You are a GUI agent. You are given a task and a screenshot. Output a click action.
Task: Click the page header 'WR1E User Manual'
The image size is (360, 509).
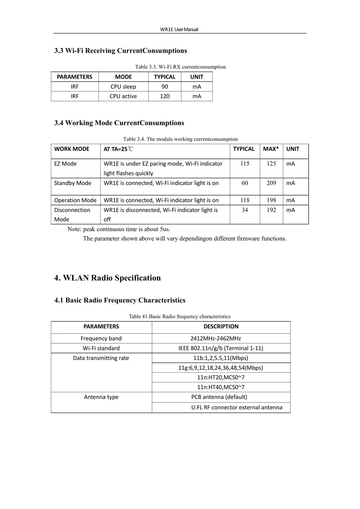179,29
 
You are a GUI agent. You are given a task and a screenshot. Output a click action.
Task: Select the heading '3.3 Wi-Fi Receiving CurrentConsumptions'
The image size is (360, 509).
120,51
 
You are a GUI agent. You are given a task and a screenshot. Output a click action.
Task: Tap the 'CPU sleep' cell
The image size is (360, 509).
123,87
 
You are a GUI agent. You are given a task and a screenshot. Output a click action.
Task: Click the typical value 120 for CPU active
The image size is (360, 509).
165,96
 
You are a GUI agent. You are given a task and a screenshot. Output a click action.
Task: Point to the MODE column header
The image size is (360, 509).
123,77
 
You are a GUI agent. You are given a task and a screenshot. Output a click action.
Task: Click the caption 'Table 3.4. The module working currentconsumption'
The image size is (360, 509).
180,139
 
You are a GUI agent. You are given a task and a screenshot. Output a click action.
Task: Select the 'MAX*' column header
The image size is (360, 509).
271,149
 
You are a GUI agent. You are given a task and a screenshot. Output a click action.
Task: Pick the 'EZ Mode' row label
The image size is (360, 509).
65,164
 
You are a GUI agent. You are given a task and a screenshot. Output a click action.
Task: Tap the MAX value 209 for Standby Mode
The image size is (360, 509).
271,183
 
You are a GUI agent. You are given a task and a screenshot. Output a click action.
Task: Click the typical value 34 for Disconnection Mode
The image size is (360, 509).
245,210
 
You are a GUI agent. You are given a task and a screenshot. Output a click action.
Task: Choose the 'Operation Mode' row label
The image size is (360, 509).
75,200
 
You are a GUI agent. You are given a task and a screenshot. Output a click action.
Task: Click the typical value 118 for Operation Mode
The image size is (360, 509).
245,200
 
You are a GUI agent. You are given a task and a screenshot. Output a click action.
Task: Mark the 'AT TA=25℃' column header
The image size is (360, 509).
119,149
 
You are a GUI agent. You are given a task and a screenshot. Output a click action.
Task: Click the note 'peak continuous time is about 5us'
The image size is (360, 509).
119,229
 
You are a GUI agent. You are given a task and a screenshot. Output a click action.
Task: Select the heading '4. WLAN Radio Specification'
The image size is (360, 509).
107,278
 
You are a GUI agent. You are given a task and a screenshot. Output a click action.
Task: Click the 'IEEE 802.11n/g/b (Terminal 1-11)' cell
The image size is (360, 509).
221,348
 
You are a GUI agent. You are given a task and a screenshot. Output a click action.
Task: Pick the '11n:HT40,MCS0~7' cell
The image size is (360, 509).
221,387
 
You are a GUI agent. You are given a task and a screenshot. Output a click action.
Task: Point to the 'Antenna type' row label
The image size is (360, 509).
101,397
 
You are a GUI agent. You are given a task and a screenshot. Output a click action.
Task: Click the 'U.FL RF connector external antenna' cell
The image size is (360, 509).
237,407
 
